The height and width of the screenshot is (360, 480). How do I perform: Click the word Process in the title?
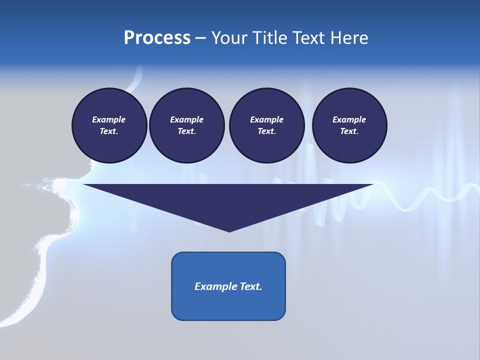point(157,38)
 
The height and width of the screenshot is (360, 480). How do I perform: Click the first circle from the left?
point(109,125)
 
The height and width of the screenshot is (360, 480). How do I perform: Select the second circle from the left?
point(186,125)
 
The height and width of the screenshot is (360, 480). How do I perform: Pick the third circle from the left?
point(266,125)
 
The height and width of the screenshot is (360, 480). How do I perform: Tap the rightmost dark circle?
point(349,125)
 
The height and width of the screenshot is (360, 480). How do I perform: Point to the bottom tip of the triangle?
point(229,230)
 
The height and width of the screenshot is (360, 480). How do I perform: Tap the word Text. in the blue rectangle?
point(251,286)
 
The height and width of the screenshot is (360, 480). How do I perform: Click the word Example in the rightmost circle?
point(349,119)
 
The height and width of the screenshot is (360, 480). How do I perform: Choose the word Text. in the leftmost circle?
point(109,131)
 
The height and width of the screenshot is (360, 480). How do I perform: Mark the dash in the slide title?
point(201,38)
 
